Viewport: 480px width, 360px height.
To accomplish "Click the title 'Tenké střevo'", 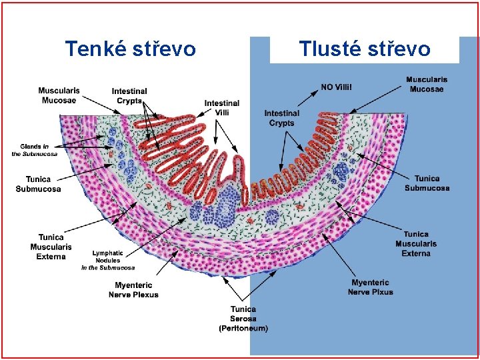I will (131, 49).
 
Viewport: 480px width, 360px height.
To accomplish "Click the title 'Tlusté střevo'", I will (365, 49).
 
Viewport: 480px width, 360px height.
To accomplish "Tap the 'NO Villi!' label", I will (336, 87).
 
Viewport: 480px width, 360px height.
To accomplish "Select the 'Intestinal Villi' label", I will (222, 108).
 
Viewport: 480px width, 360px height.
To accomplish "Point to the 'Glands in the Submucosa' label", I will (35, 151).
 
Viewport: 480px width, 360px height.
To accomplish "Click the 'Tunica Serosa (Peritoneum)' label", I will (243, 319).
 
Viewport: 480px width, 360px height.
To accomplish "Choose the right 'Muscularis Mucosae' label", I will (427, 84).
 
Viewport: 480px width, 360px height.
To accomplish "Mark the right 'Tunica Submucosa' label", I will (427, 183).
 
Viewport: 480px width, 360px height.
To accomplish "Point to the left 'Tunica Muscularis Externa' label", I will (51, 247).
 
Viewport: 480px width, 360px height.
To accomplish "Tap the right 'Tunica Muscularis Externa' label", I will (416, 243).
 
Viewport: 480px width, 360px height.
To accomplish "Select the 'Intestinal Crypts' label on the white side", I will (129, 95).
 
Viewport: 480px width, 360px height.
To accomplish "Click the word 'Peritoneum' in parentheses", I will (243, 328).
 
